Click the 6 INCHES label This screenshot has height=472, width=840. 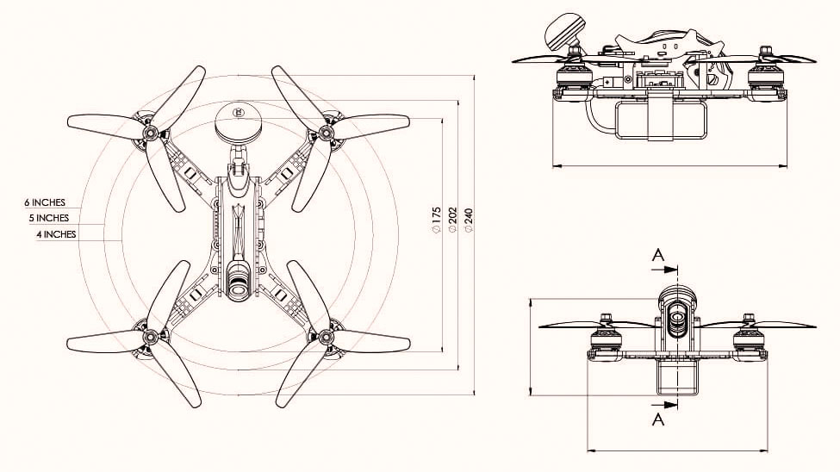point(45,202)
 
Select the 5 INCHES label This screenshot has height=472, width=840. point(48,218)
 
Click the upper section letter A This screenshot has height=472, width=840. point(658,255)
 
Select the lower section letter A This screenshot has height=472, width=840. point(658,419)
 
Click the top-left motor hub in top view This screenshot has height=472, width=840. point(152,134)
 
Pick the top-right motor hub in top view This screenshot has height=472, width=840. point(327,133)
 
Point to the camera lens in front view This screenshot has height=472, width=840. point(677,320)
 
